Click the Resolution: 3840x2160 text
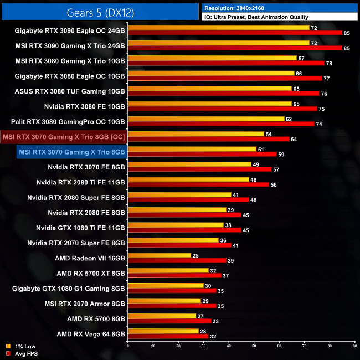click(243, 8)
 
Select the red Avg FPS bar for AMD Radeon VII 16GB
click(177, 260)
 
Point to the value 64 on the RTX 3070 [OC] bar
click(294, 139)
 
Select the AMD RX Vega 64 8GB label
click(90, 334)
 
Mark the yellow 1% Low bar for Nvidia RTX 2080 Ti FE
click(188, 179)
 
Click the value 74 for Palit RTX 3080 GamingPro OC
click(320, 124)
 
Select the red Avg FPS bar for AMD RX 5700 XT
click(174, 276)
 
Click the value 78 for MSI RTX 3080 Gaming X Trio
click(330, 63)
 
